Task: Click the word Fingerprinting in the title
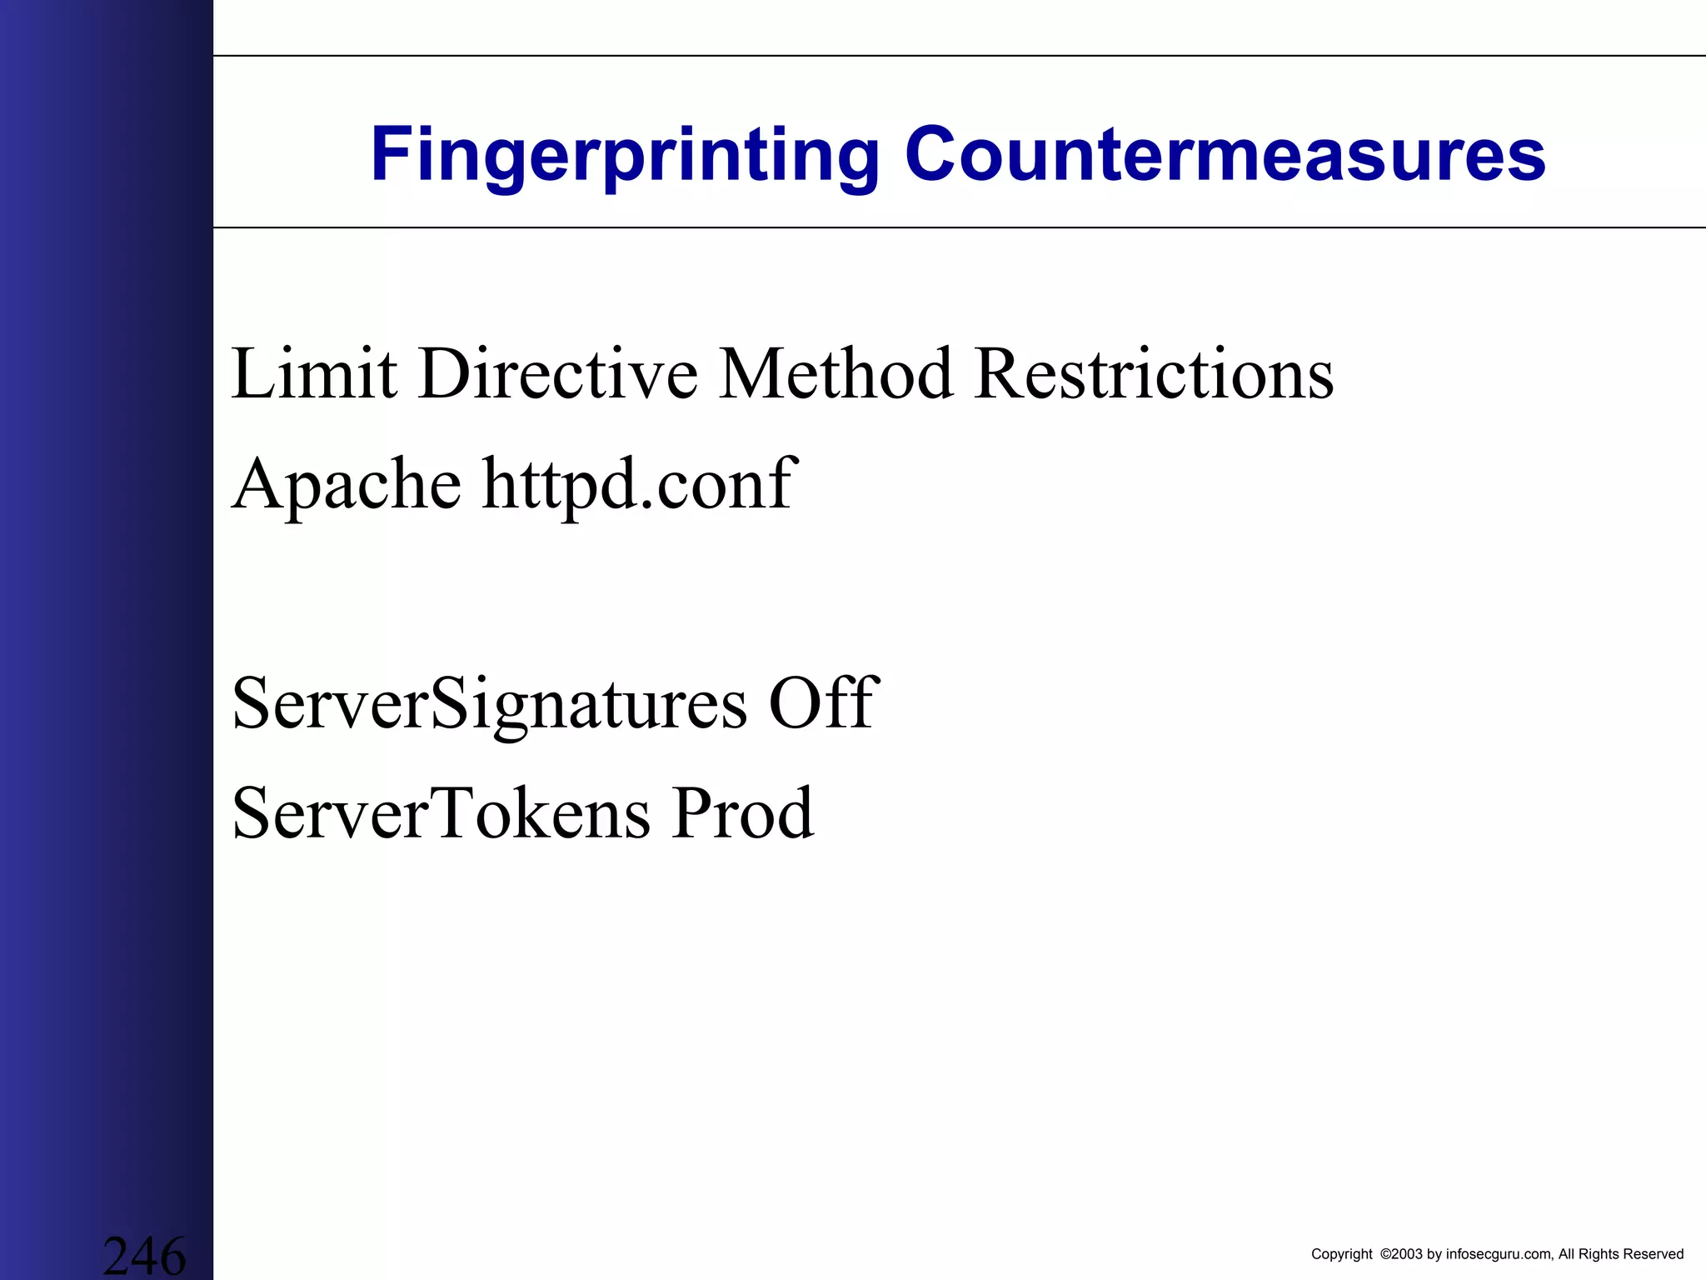click(x=625, y=155)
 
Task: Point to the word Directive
click(x=557, y=374)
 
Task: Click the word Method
click(x=836, y=374)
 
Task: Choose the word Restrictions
click(x=1154, y=374)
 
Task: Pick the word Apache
click(x=346, y=485)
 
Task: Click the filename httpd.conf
click(x=640, y=485)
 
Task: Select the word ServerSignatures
click(x=489, y=704)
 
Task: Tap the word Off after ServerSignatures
click(x=823, y=704)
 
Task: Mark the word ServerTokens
click(x=441, y=813)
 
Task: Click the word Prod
click(x=743, y=813)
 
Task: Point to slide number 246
click(x=144, y=1255)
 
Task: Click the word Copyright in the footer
click(x=1341, y=1254)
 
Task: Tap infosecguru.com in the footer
click(x=1499, y=1254)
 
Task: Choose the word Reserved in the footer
click(x=1653, y=1254)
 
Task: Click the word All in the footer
click(x=1566, y=1254)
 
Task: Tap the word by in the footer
click(x=1434, y=1254)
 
